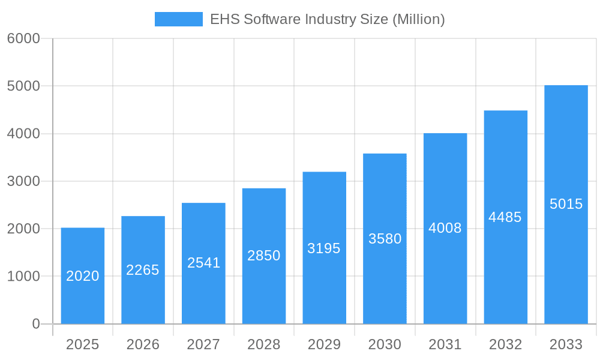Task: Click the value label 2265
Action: point(143,270)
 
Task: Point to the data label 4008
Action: point(445,228)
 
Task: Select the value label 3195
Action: point(324,248)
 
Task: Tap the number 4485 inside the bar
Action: point(505,217)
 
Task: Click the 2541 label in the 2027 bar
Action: point(204,263)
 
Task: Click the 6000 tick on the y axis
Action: point(23,38)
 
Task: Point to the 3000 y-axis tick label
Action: point(23,181)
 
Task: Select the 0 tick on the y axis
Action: point(35,324)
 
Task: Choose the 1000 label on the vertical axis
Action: point(23,277)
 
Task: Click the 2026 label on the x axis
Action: point(143,344)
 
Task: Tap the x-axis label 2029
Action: point(324,344)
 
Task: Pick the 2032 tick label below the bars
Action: point(505,344)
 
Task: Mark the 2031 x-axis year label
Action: point(445,344)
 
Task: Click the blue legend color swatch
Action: point(178,19)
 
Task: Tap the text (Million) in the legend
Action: point(418,19)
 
